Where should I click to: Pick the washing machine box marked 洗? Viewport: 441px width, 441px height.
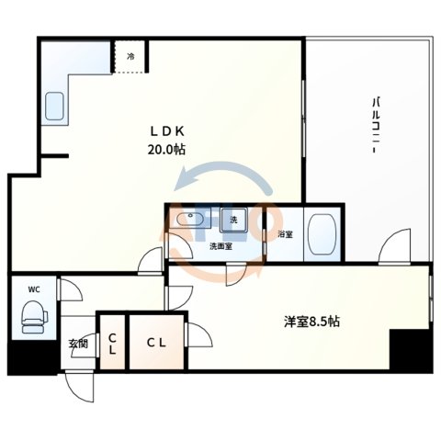pyautogui.click(x=233, y=220)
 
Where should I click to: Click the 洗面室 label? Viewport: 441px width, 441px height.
pyautogui.click(x=221, y=246)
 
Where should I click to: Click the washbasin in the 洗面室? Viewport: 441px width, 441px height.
pyautogui.click(x=193, y=221)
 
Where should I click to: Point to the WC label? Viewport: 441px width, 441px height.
pyautogui.click(x=34, y=289)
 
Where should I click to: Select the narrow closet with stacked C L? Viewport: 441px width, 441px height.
pyautogui.click(x=111, y=342)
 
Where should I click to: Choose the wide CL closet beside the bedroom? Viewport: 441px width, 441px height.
pyautogui.click(x=155, y=342)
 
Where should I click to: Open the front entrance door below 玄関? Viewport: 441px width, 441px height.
pyautogui.click(x=81, y=386)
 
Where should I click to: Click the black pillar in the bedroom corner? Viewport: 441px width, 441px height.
pyautogui.click(x=409, y=350)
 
